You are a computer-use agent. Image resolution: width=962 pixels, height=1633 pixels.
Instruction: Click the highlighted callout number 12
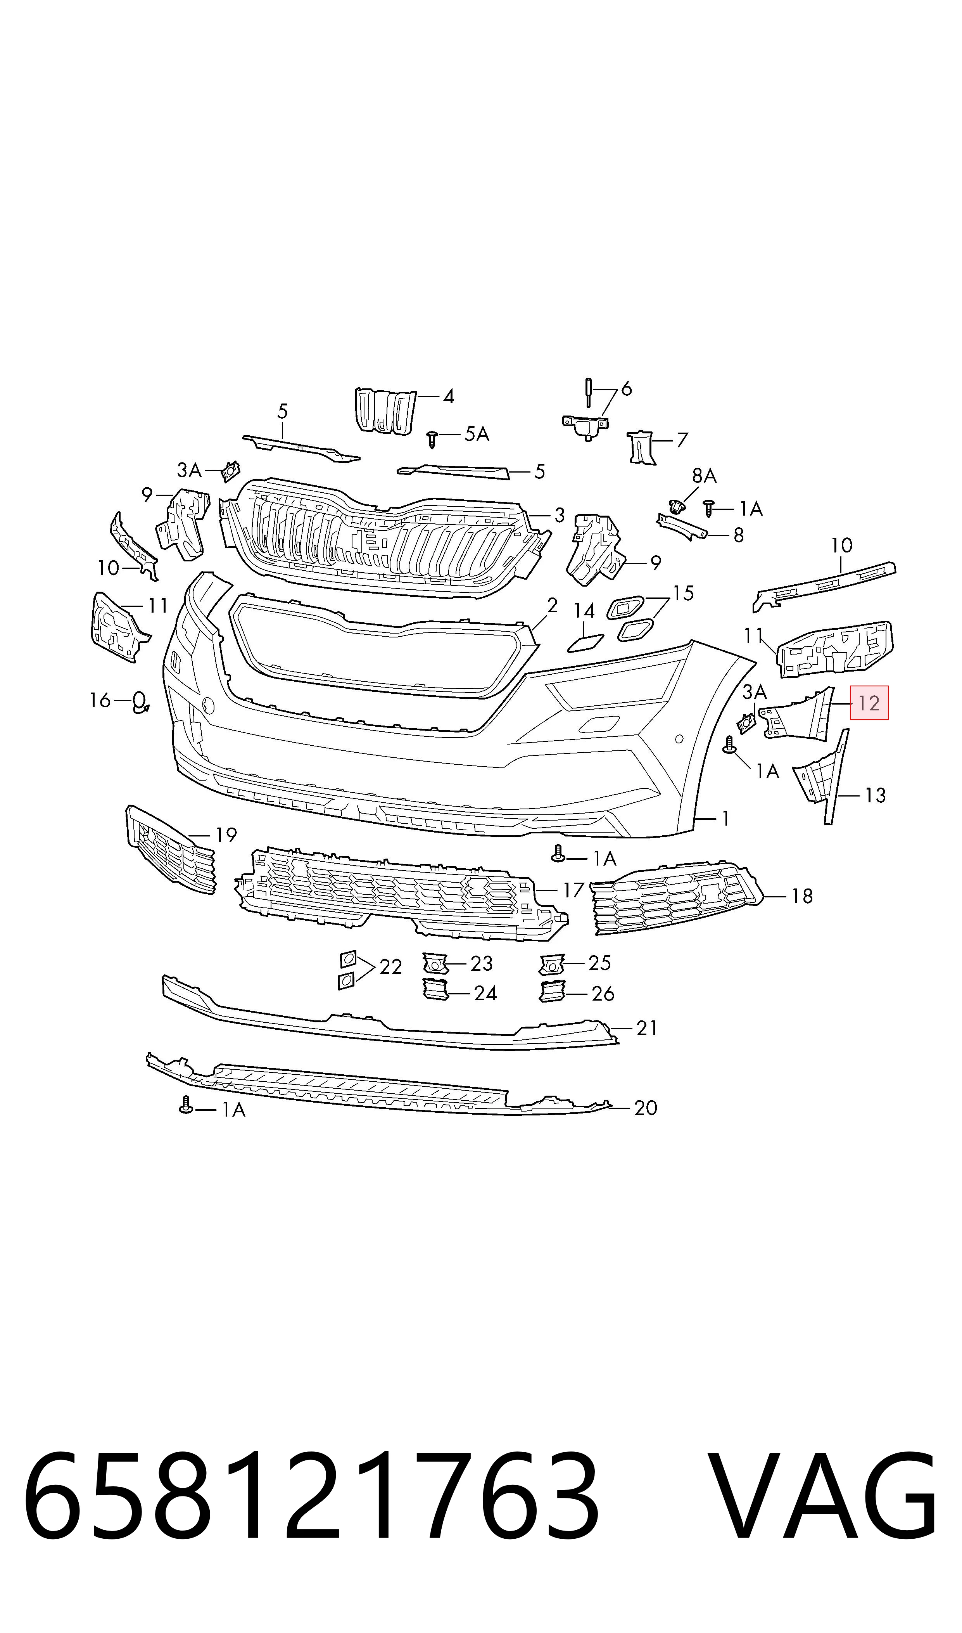[x=869, y=703]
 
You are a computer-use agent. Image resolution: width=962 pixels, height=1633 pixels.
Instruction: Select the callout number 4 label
[x=449, y=396]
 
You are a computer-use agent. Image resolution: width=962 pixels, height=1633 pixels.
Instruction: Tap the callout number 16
[x=100, y=700]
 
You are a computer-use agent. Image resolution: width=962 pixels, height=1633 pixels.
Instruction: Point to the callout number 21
[x=647, y=1028]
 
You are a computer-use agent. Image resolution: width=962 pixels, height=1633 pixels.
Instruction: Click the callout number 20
[x=646, y=1108]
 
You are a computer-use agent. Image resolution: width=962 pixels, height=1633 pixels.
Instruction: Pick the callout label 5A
[x=477, y=434]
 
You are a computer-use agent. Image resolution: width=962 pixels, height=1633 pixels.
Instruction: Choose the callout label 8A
[x=704, y=476]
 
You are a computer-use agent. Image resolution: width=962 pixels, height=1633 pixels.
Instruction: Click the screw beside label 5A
[x=433, y=439]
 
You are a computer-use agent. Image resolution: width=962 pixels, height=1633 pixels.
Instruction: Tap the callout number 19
[x=226, y=835]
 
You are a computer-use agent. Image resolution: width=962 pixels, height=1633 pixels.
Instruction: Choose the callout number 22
[x=391, y=967]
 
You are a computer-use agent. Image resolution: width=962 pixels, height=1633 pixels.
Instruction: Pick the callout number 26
[x=603, y=994]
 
